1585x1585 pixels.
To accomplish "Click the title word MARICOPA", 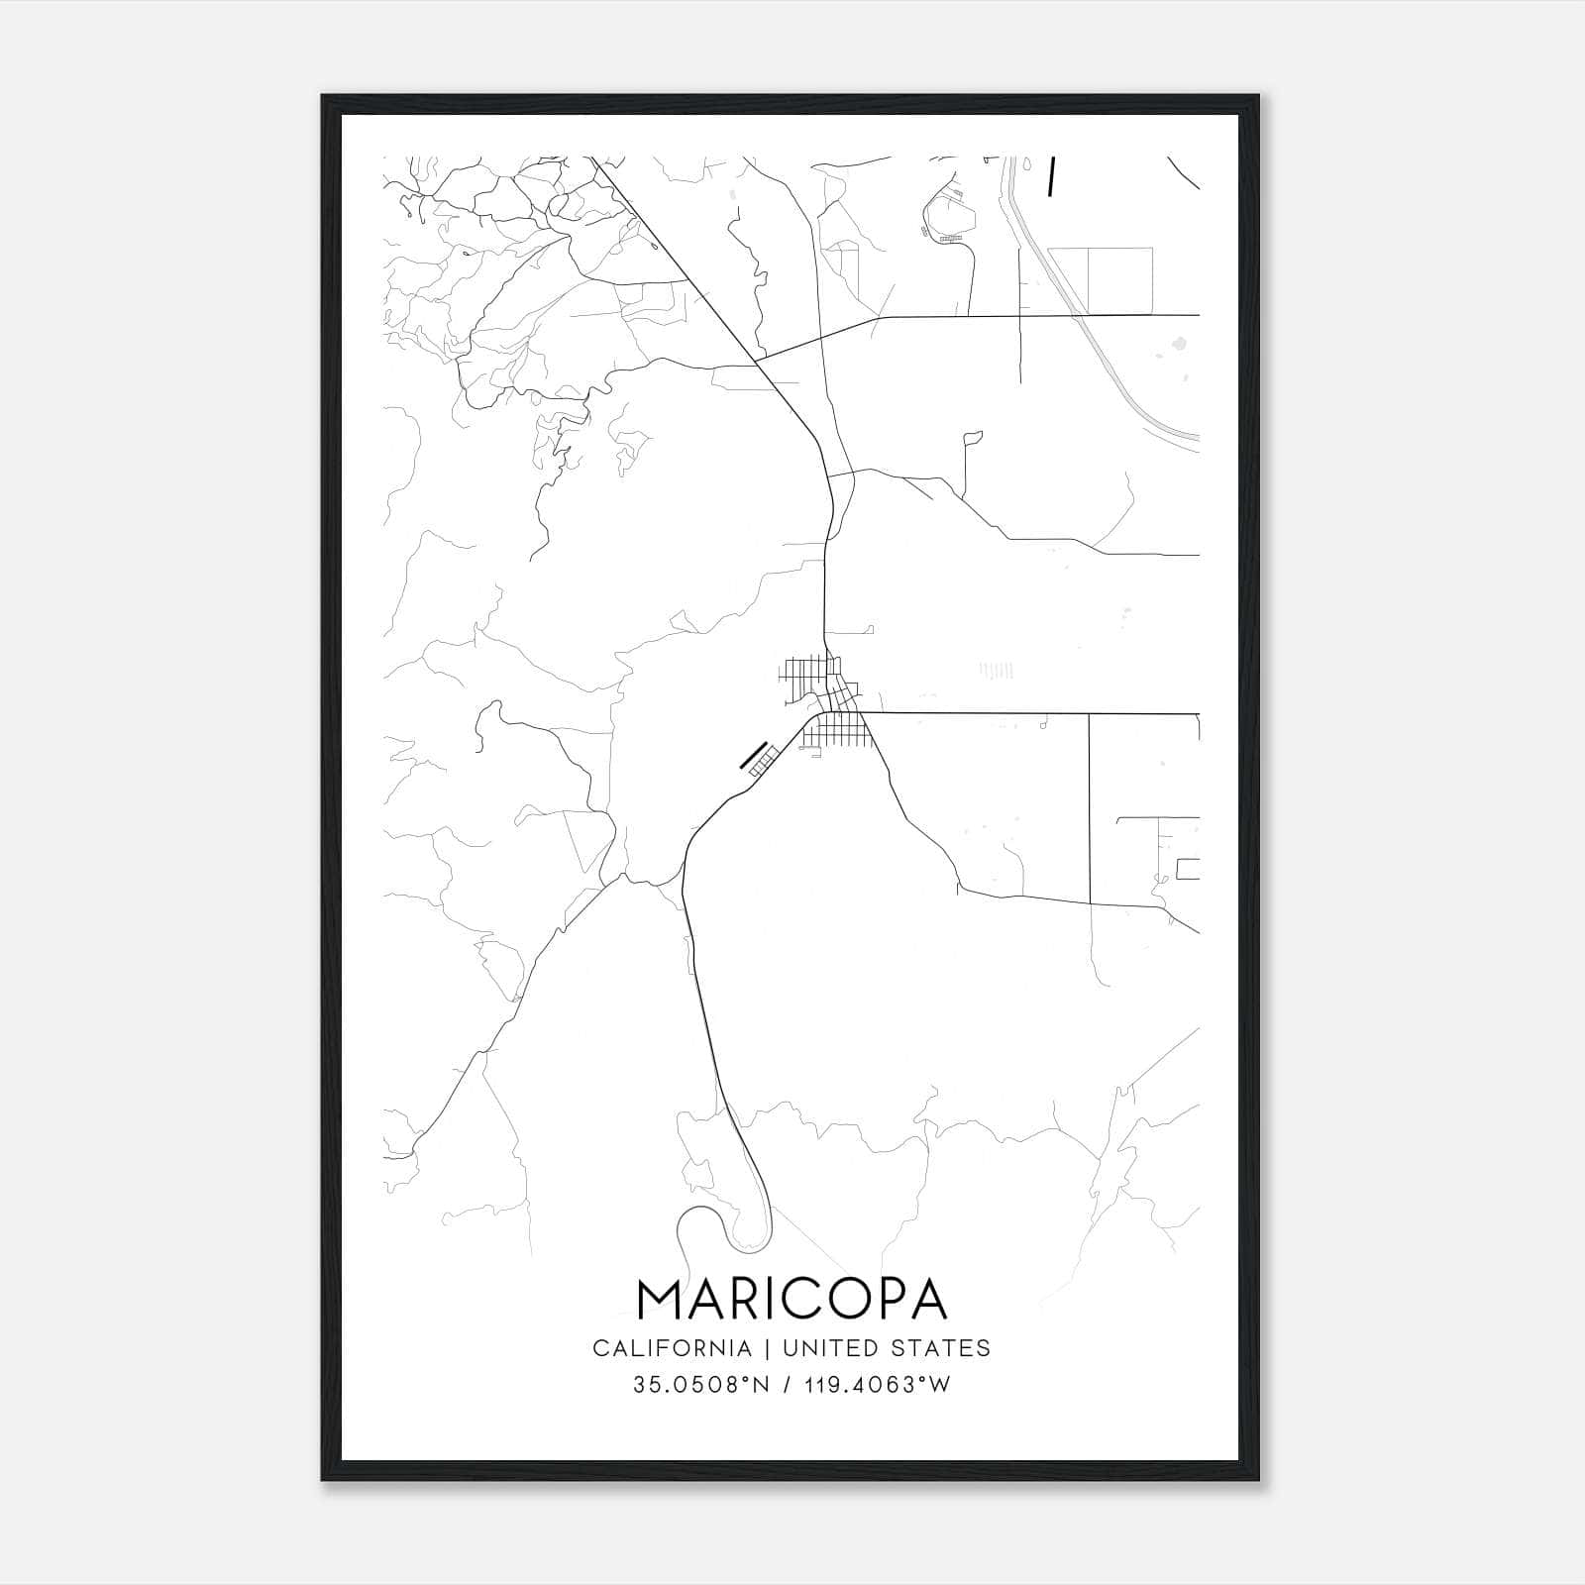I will (x=792, y=1299).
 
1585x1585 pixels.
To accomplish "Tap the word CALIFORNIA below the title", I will (x=672, y=1348).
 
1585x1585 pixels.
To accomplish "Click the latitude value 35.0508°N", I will (x=701, y=1385).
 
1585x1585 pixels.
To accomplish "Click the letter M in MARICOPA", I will (x=659, y=1299).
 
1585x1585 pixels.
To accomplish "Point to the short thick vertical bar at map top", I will (x=1050, y=175).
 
